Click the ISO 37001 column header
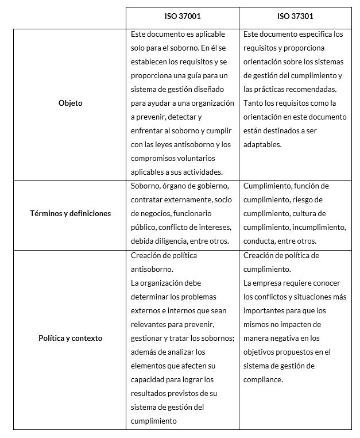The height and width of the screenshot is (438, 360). point(182,17)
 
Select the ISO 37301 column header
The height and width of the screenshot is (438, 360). point(295,17)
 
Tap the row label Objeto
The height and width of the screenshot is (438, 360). point(70,103)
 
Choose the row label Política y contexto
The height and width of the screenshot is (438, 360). point(70,339)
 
